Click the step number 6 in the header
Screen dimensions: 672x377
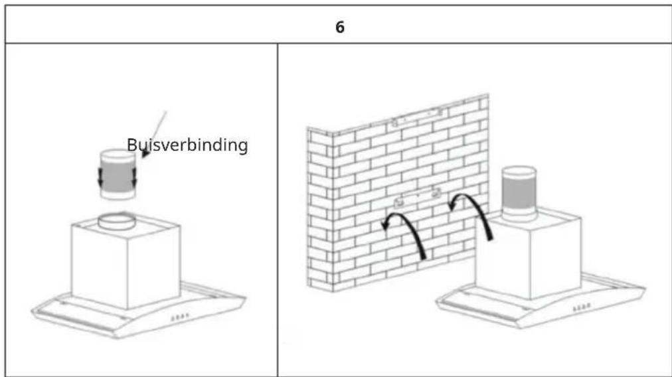340,27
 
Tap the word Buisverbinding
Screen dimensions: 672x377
187,145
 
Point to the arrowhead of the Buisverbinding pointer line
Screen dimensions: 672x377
145,152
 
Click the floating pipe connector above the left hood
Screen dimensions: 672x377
118,175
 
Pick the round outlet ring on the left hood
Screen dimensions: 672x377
117,222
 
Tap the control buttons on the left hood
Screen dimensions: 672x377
180,317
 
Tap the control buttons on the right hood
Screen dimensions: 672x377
582,307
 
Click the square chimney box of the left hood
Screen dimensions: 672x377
126,264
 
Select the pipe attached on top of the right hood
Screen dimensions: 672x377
519,194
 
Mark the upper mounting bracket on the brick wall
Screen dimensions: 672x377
417,117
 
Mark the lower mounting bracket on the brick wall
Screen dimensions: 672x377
417,197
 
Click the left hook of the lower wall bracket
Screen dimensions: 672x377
398,202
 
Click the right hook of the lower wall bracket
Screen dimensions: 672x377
436,192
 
